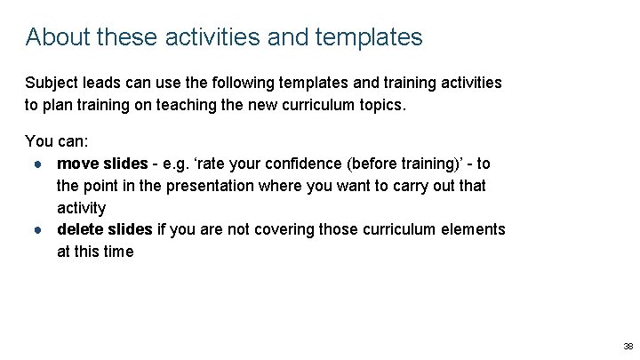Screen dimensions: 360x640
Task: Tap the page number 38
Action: click(x=628, y=347)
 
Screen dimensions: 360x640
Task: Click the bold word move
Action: click(x=77, y=164)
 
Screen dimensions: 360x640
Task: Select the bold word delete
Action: click(x=79, y=229)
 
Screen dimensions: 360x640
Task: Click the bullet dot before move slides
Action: click(x=41, y=164)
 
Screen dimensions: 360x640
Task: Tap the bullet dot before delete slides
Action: click(x=41, y=230)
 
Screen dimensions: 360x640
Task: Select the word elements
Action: click(x=475, y=229)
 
